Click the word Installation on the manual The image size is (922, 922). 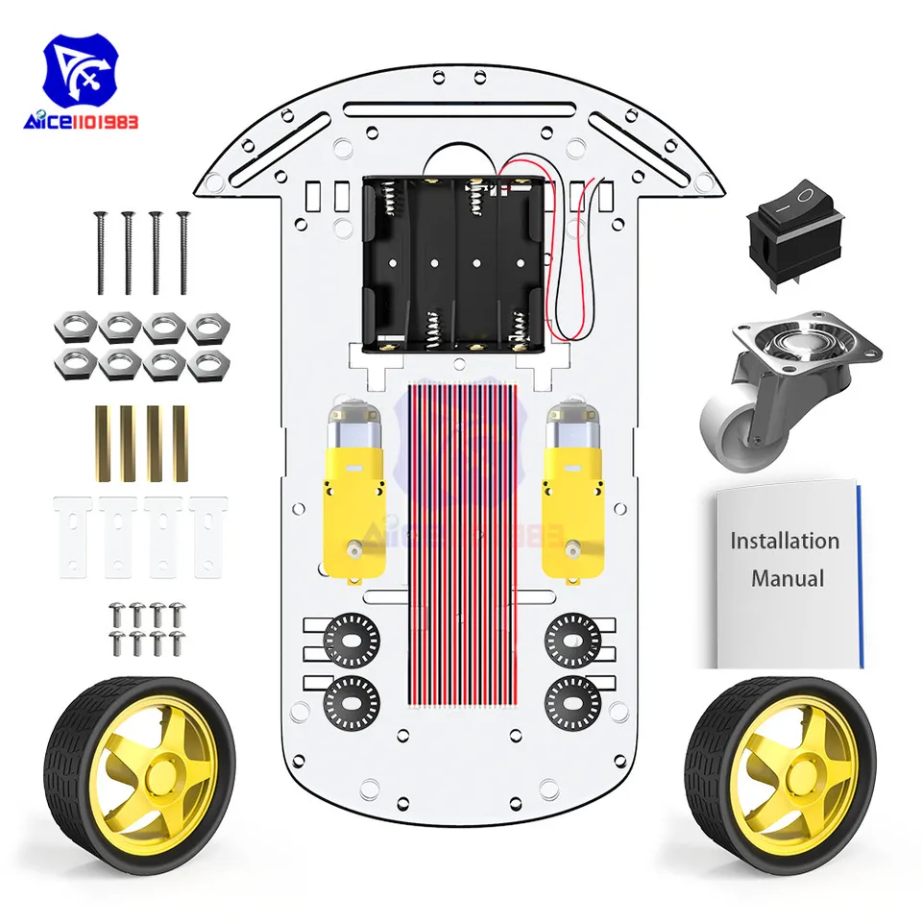point(784,541)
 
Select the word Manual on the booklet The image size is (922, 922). point(788,578)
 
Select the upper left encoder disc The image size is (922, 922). point(352,636)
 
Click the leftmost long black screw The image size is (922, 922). point(99,253)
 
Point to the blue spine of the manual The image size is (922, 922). point(861,576)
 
